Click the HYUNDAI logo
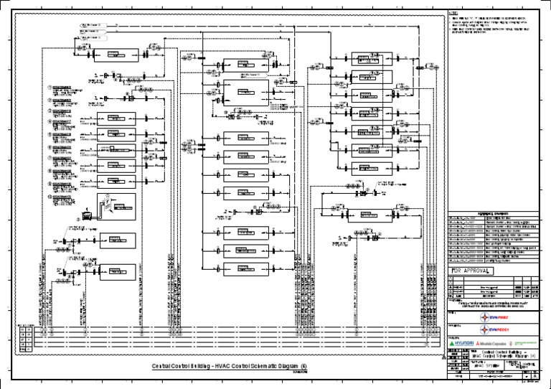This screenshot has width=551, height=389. click(461, 344)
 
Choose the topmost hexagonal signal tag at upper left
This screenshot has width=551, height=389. click(94, 26)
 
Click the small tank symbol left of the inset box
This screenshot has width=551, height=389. click(88, 213)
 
